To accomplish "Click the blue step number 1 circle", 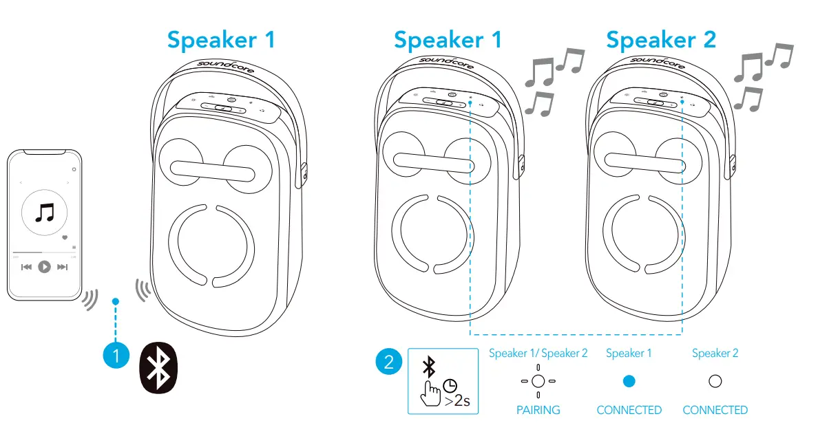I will (x=116, y=356).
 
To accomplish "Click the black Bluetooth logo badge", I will (x=159, y=368).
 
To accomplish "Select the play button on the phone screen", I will (x=45, y=267).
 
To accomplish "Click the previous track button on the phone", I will (x=26, y=267).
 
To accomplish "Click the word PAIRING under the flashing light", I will (x=538, y=410).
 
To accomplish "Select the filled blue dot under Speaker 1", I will (x=629, y=381).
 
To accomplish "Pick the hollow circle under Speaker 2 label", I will (x=715, y=381).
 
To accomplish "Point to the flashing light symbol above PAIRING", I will (x=538, y=381).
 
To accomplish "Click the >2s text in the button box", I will (x=457, y=401).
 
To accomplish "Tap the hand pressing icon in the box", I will (x=430, y=395).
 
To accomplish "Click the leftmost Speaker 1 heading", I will (x=221, y=39).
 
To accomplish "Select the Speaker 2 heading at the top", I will (x=660, y=39).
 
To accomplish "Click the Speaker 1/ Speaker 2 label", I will (x=538, y=354).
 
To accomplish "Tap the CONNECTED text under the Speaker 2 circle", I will (x=715, y=410).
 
